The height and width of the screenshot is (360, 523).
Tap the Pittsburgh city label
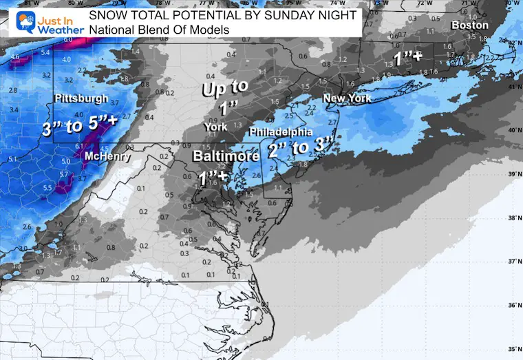80,98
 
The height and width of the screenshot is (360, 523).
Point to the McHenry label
105,157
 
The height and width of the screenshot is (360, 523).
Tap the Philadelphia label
281,131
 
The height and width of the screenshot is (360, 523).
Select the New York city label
348,98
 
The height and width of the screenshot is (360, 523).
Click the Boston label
469,25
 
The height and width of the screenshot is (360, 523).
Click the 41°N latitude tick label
513,87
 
